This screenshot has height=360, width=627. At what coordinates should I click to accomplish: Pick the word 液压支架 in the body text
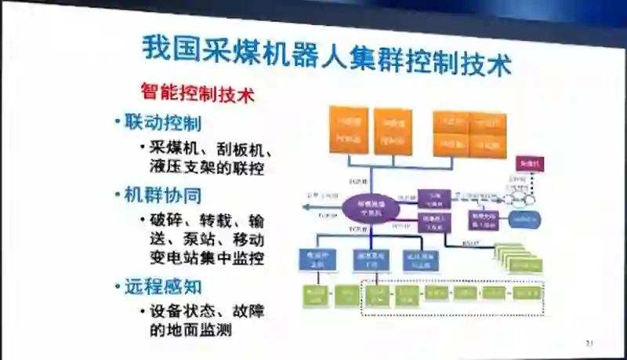click(x=180, y=167)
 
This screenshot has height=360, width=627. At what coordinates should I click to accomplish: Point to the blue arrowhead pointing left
click(x=308, y=207)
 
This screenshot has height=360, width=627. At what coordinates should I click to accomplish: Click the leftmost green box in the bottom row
click(x=315, y=296)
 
